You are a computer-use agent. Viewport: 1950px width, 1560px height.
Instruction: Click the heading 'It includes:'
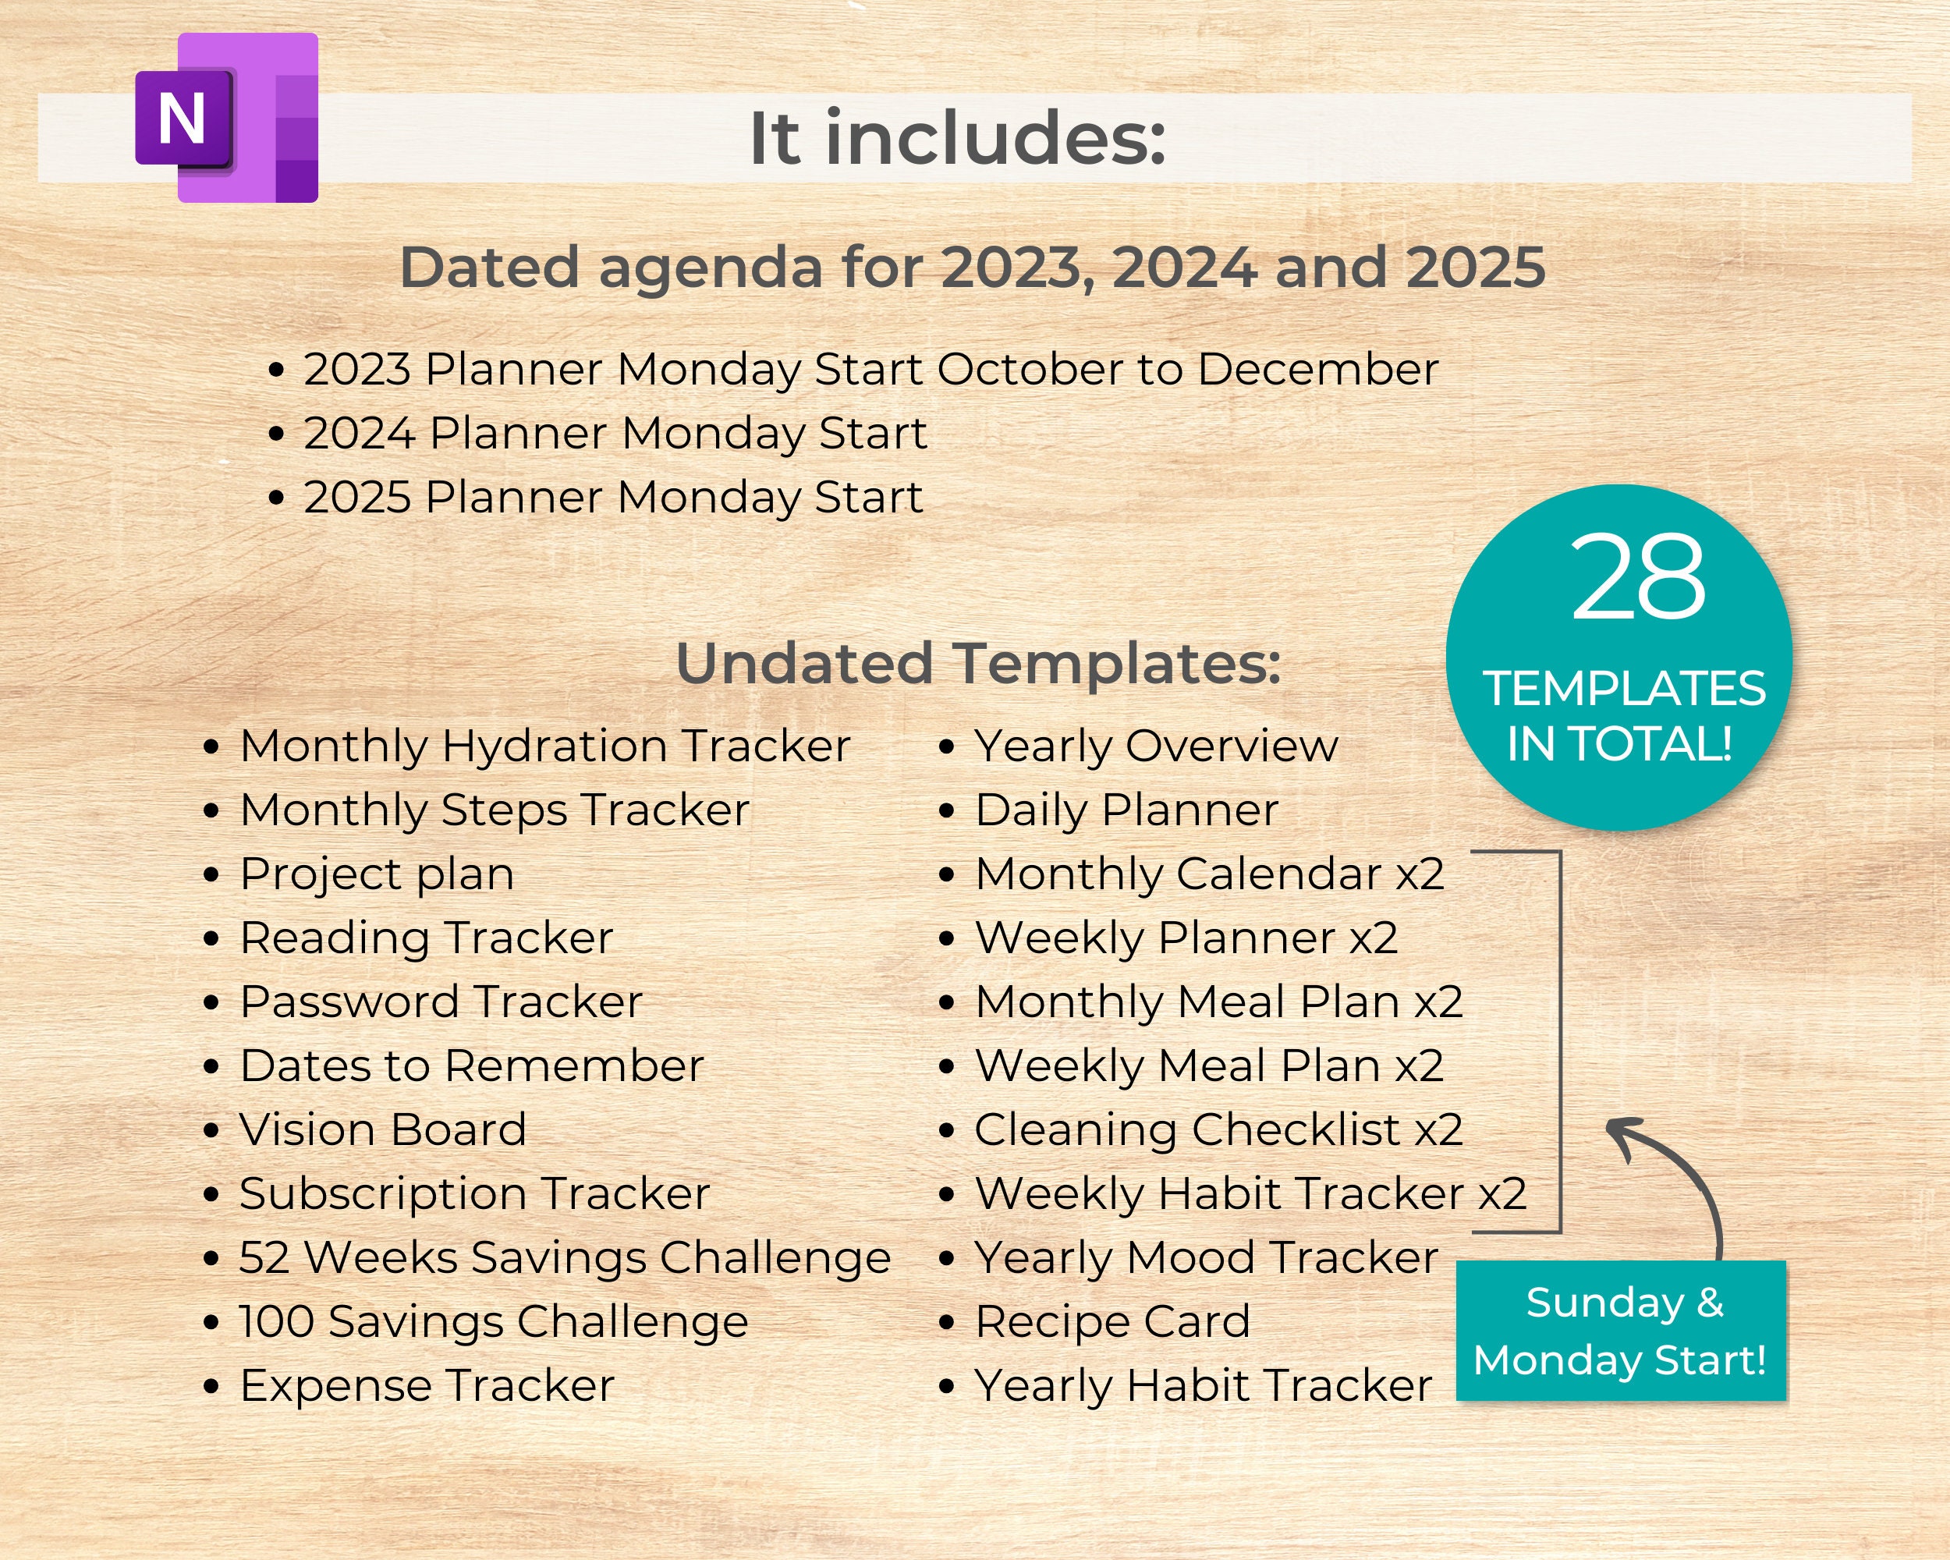coord(957,138)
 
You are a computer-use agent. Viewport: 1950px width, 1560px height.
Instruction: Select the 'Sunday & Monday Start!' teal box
coord(1620,1331)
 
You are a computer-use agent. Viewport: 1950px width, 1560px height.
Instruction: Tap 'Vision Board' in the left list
coord(382,1129)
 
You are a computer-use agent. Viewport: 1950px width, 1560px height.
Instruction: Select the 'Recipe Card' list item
coord(1111,1321)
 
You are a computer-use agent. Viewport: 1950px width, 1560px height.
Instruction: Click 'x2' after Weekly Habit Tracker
coord(1502,1193)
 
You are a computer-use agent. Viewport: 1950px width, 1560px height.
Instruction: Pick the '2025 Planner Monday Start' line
coord(612,498)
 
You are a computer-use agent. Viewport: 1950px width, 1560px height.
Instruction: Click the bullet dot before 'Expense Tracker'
coord(211,1386)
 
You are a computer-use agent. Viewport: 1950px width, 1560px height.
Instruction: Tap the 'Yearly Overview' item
coord(1155,746)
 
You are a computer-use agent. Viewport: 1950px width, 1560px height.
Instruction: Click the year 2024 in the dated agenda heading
coord(1184,268)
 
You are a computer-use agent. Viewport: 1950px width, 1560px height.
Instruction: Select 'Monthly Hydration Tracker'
coord(544,746)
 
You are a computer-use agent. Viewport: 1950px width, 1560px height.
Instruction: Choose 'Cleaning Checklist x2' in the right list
coord(1218,1129)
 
